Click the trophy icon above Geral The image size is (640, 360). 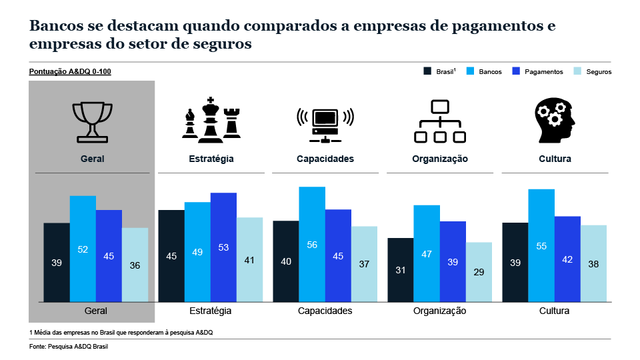point(92,121)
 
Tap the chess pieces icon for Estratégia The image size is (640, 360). point(211,120)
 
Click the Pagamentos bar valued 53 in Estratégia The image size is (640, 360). point(223,247)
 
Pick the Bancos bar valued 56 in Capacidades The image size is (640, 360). point(312,244)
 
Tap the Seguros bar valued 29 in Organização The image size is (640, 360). point(479,271)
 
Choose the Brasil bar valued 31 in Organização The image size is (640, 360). point(400,269)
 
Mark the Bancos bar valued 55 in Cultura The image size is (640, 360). point(541,245)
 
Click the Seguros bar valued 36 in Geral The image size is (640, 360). point(135,265)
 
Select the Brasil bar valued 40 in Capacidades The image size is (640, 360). point(286,261)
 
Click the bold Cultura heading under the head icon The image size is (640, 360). point(555,159)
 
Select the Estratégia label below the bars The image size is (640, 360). point(211,311)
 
